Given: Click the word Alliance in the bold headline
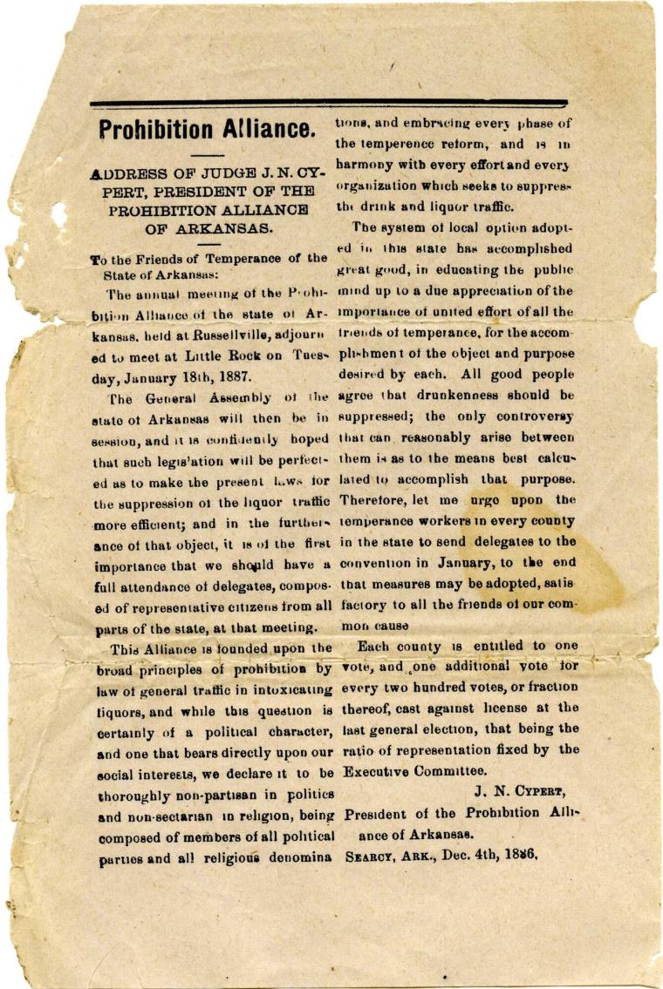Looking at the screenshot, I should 265,130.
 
